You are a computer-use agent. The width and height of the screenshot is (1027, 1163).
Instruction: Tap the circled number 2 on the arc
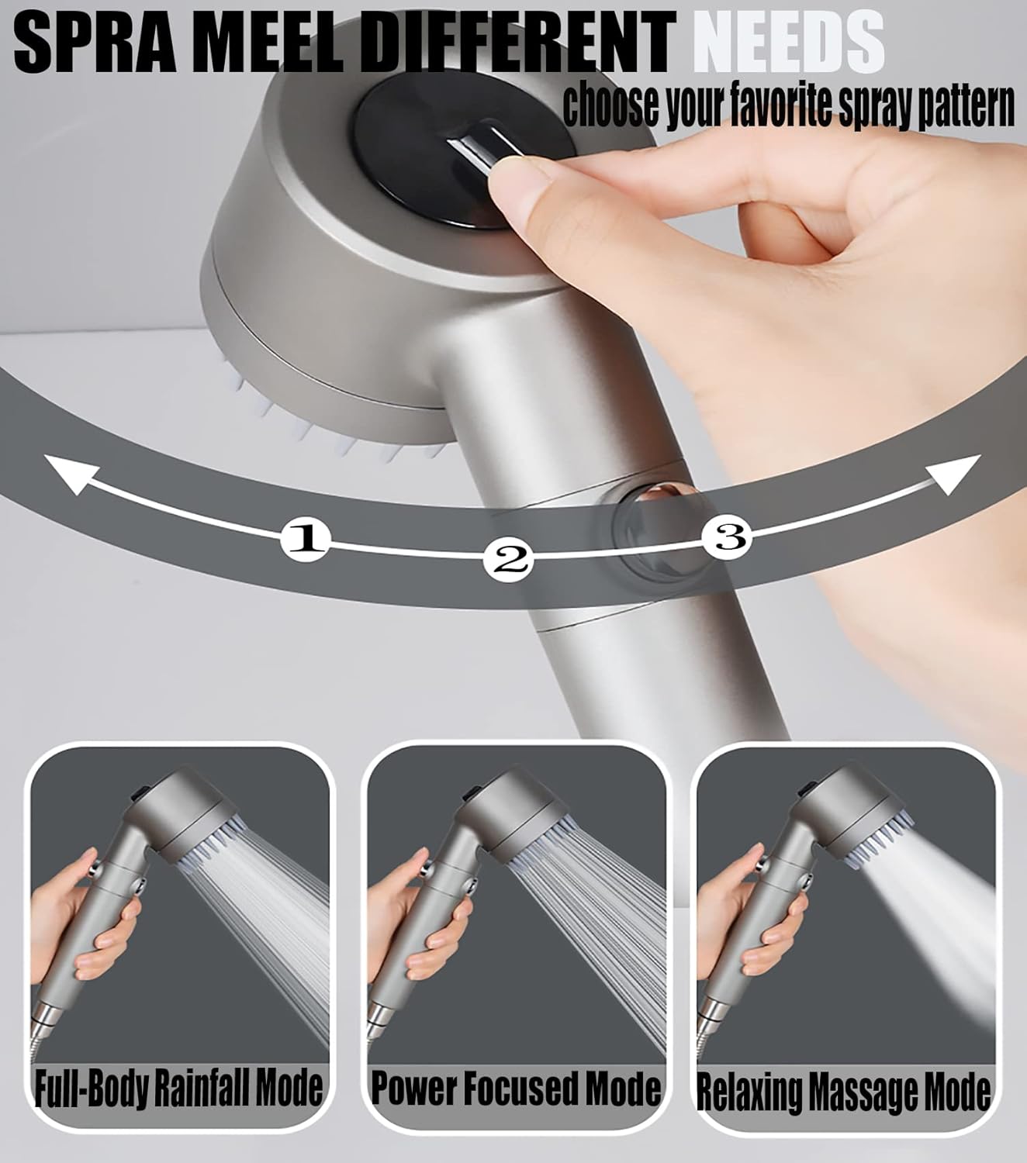(509, 558)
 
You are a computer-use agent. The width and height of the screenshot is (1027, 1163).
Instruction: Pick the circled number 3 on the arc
(728, 536)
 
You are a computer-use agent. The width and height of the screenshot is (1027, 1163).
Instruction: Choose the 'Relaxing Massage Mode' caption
(843, 1092)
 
